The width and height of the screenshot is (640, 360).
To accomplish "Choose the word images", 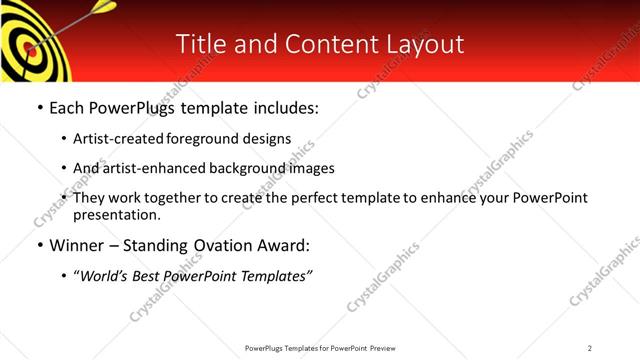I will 310,168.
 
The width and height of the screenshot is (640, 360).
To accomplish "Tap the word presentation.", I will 115,215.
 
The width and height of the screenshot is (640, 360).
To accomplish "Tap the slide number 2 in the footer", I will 590,348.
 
